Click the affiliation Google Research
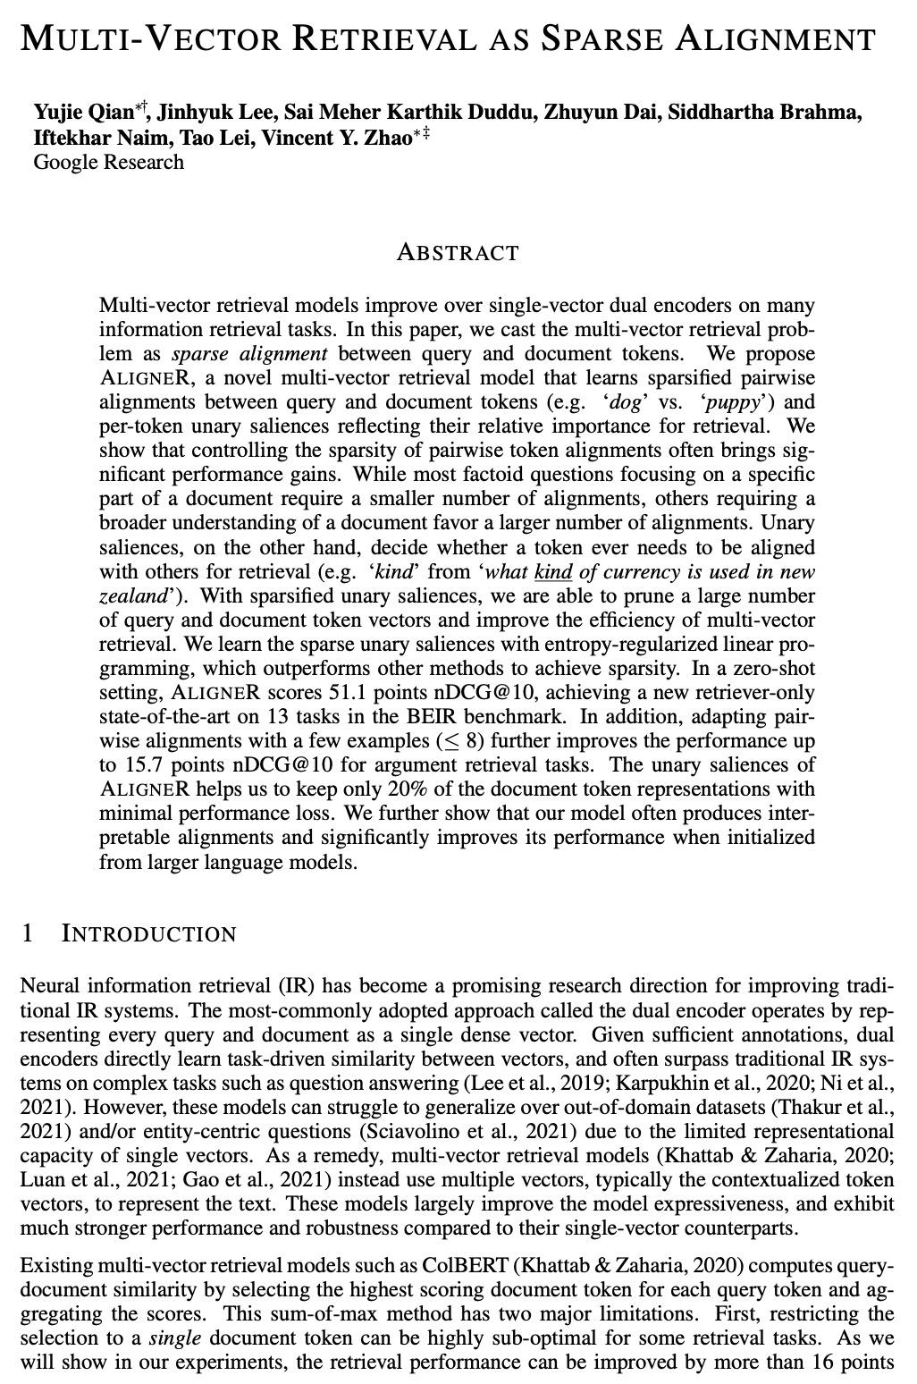tap(108, 162)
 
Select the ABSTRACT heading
tap(458, 252)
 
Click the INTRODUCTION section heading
tap(148, 934)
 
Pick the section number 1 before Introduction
tap(27, 934)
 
